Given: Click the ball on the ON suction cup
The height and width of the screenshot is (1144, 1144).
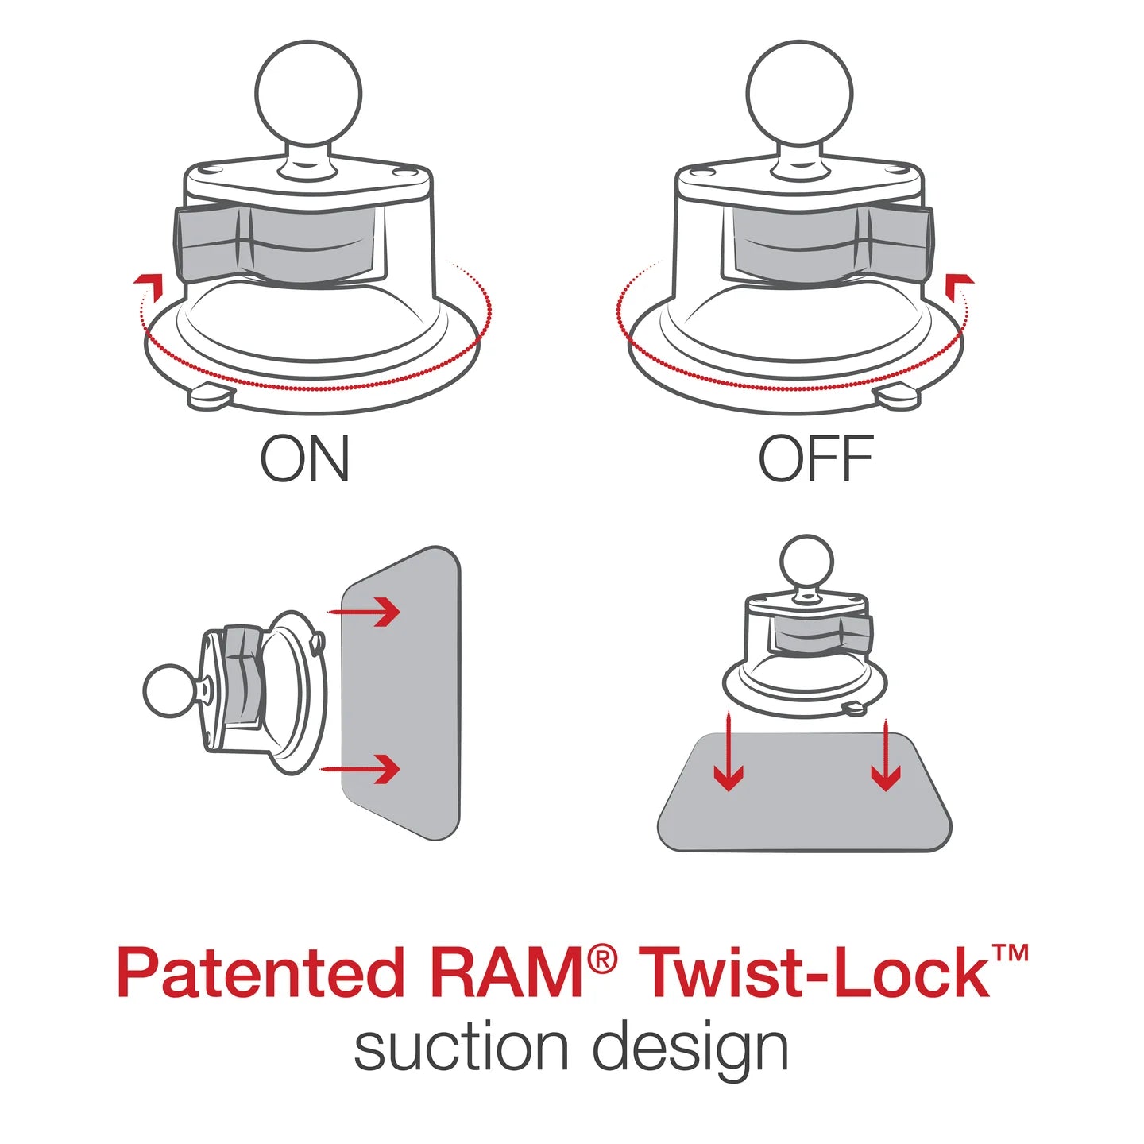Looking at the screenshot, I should [308, 94].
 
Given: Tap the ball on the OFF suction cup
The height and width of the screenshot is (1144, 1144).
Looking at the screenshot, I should [799, 94].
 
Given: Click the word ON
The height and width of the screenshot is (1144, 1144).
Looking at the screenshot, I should [305, 459].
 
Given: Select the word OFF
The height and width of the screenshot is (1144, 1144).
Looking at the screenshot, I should [815, 459].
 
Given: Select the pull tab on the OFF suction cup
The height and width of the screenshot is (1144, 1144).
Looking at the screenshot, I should [898, 396].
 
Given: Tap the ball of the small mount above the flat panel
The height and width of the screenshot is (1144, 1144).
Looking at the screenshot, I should [806, 561].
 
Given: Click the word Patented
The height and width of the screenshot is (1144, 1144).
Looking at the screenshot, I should [260, 974].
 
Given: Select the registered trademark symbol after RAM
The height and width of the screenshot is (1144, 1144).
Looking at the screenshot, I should [603, 960].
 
